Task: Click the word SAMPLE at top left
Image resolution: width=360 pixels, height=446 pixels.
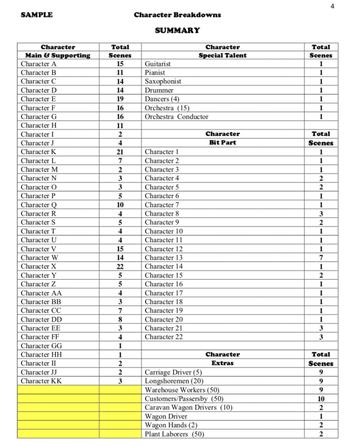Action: click(37, 15)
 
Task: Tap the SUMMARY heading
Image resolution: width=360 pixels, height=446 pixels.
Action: click(177, 31)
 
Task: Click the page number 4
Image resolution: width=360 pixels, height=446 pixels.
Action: click(332, 6)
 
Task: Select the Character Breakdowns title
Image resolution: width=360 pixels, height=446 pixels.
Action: click(177, 15)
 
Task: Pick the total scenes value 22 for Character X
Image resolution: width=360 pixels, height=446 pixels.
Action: click(120, 266)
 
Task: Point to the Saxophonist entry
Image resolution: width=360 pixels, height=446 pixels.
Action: click(163, 81)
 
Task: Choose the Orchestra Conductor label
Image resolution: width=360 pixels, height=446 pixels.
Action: click(177, 116)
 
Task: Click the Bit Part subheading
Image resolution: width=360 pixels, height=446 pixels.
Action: click(222, 143)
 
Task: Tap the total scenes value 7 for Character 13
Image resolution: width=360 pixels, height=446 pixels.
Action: click(321, 258)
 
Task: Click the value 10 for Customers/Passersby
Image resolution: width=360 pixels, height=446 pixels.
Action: click(321, 398)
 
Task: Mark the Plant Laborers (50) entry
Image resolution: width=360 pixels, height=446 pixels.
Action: click(174, 434)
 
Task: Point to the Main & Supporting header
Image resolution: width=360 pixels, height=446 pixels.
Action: click(58, 55)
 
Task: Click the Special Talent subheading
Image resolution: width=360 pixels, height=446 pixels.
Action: click(222, 55)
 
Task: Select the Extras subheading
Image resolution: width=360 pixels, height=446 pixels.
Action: click(222, 363)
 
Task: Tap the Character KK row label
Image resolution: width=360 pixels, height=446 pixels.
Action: click(41, 381)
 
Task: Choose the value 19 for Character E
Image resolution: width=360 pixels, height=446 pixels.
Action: click(120, 99)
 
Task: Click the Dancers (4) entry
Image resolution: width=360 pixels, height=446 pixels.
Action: click(162, 99)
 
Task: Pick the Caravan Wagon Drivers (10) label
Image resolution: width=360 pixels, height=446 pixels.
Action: click(188, 407)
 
